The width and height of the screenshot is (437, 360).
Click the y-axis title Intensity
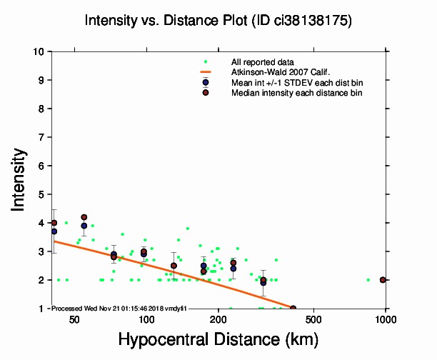coord(20,179)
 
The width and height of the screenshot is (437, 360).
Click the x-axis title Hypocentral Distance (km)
coord(218,340)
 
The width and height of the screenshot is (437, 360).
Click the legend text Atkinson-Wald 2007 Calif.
coord(274,72)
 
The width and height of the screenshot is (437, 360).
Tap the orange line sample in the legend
coord(206,72)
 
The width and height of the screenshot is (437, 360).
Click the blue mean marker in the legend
coord(206,82)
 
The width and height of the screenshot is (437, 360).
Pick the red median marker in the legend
coord(206,93)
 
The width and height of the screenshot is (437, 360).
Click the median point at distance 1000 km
coord(383,280)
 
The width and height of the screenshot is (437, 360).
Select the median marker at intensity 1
coord(293,308)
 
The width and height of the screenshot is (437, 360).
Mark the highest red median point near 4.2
coord(84,217)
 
